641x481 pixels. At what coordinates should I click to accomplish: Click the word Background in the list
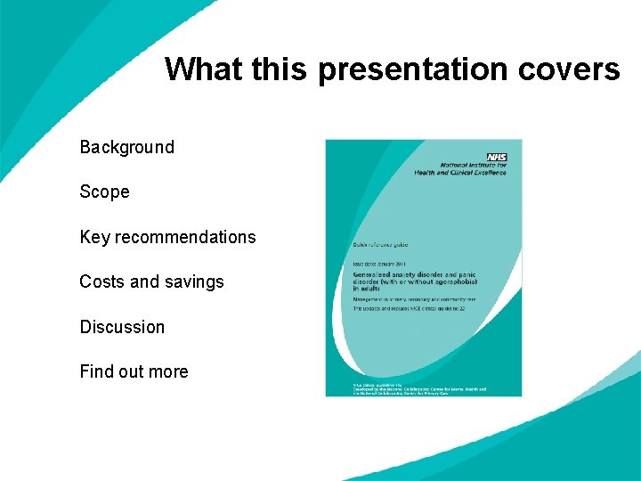click(126, 147)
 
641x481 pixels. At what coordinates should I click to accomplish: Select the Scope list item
click(104, 192)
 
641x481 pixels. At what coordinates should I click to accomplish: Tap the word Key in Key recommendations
click(94, 237)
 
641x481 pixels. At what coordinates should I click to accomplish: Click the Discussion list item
click(122, 327)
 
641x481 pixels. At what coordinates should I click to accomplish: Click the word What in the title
click(203, 69)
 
